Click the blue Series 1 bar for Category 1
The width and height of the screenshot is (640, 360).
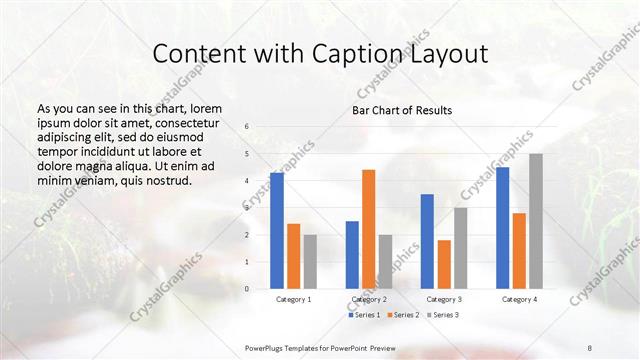[277, 231]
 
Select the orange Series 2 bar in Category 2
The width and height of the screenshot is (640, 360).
[368, 229]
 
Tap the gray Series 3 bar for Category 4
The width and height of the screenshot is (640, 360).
[536, 221]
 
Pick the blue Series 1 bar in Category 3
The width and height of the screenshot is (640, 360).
[427, 241]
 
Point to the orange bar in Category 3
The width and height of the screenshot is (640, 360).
[444, 264]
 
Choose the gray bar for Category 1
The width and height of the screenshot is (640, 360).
[310, 262]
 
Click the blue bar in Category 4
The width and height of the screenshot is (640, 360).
[502, 228]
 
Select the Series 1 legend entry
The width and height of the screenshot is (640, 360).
[366, 315]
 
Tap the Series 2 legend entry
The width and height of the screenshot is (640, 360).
[404, 315]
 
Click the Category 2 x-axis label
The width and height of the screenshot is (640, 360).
[368, 299]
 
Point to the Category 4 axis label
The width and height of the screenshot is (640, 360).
[519, 299]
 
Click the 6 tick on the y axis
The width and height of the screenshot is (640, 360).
[247, 127]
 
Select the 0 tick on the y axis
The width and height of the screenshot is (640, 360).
[247, 289]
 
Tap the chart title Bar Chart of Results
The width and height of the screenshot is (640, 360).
[402, 109]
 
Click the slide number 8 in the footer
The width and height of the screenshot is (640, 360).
[590, 345]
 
